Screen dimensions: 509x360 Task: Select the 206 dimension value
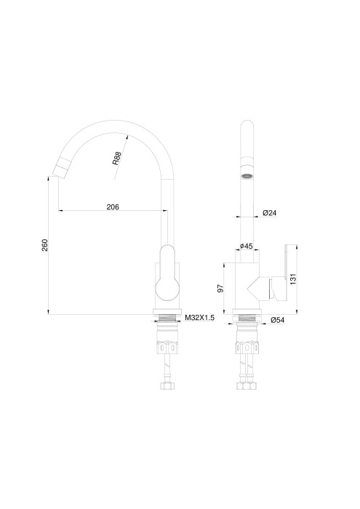click(x=113, y=207)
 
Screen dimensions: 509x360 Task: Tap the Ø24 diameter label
click(x=268, y=213)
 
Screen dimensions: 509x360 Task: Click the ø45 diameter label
click(x=247, y=247)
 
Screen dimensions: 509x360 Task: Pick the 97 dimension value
click(x=220, y=289)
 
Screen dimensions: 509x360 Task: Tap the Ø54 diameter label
click(x=276, y=320)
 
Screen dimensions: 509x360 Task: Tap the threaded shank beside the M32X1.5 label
click(x=167, y=318)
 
